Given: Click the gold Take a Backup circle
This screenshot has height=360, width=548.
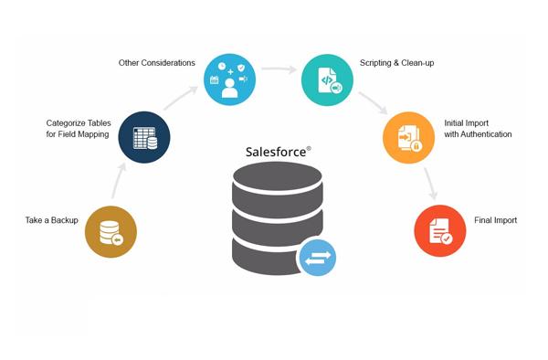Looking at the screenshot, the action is [111, 232].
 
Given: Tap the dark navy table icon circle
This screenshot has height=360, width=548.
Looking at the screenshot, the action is [144, 137].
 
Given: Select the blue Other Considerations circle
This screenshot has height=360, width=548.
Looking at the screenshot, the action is [229, 79].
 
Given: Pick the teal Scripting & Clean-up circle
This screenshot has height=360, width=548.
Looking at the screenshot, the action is [327, 79].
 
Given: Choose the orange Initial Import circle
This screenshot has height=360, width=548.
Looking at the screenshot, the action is [408, 137].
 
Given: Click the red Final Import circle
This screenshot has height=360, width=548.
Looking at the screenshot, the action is [440, 230].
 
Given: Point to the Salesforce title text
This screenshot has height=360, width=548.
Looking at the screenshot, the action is [276, 152].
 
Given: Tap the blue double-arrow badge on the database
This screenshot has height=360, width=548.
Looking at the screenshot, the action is [317, 258].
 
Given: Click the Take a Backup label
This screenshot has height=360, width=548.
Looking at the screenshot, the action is [52, 220].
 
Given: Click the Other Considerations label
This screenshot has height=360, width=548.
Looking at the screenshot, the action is [156, 63].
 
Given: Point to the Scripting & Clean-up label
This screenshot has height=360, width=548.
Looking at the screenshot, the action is [397, 63].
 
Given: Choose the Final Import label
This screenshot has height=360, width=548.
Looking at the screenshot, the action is [496, 220].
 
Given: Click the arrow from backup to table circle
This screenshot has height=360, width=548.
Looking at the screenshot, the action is [119, 181].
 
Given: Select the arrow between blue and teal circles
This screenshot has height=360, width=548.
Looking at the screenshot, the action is [279, 69].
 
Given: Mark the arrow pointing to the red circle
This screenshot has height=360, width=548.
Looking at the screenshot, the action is [431, 184].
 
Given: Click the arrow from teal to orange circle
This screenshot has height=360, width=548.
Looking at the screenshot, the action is [373, 102].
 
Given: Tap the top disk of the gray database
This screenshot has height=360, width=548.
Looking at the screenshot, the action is [277, 175].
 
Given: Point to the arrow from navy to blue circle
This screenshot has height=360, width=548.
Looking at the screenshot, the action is [181, 98].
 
